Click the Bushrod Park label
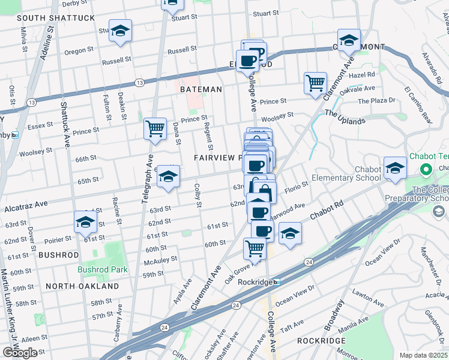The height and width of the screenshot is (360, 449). click(103, 269)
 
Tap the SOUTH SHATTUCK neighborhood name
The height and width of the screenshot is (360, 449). click(56, 18)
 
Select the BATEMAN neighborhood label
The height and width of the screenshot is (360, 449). click(201, 89)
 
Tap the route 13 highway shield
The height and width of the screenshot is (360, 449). click(139, 82)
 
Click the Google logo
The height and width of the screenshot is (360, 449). click(20, 353)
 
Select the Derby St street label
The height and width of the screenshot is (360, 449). click(74, 4)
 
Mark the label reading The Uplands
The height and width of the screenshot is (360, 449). click(345, 117)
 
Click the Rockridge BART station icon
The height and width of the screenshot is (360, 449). click(276, 281)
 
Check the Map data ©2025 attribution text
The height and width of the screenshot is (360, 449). click(424, 355)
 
